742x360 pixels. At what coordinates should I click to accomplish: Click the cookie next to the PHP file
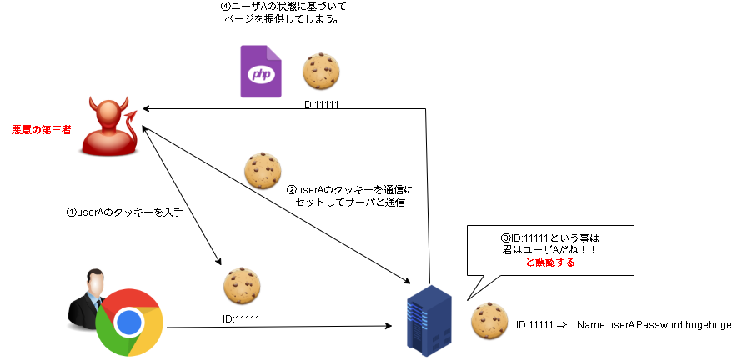[x=321, y=72]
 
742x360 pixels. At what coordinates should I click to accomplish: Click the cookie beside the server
[x=489, y=322]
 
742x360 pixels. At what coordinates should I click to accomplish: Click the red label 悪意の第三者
[x=40, y=130]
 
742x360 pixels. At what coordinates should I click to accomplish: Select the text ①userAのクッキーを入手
[x=124, y=212]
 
